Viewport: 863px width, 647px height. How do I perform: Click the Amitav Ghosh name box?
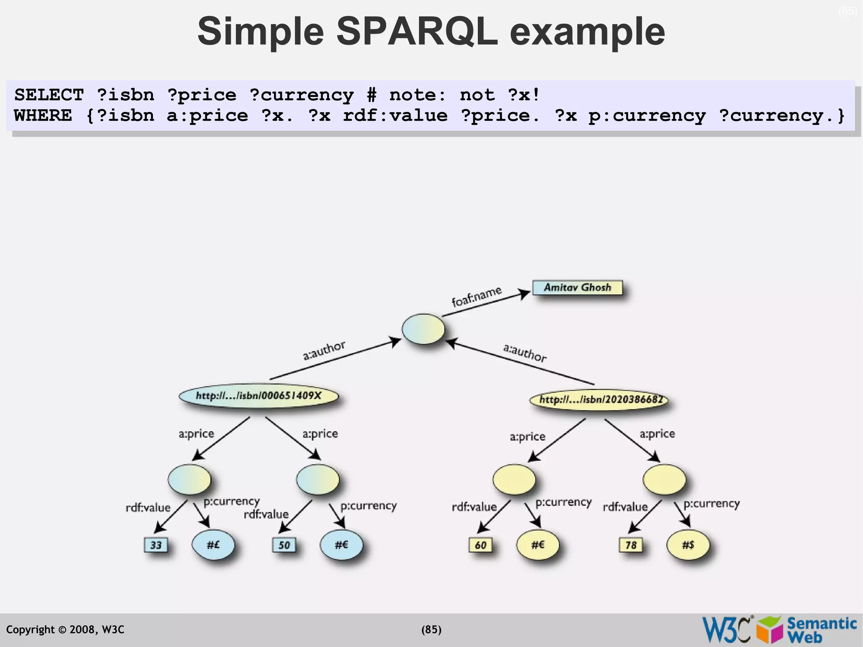[577, 287]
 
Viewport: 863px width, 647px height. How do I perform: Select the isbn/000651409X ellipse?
[258, 396]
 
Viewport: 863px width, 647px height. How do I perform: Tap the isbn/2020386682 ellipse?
[599, 399]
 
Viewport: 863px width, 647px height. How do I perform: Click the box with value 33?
[156, 545]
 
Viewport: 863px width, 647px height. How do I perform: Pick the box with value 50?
[284, 545]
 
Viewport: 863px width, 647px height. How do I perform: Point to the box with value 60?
[480, 545]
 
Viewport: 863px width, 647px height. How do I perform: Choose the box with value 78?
[631, 545]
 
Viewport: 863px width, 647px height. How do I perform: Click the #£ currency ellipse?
[213, 545]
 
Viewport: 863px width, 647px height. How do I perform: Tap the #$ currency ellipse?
[688, 545]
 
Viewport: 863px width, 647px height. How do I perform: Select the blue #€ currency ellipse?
[341, 545]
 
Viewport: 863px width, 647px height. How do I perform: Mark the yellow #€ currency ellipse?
[538, 545]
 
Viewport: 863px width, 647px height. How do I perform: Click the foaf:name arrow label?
[477, 296]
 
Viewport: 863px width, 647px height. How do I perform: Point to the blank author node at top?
[423, 329]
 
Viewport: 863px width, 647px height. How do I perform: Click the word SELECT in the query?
[49, 95]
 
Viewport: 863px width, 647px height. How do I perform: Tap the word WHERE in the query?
[43, 115]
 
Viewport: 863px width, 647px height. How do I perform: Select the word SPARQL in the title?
[417, 32]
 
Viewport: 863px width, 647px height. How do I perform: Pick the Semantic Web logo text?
[821, 629]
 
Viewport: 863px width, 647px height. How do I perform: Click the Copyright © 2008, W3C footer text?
[65, 630]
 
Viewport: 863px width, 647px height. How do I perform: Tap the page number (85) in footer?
[431, 630]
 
